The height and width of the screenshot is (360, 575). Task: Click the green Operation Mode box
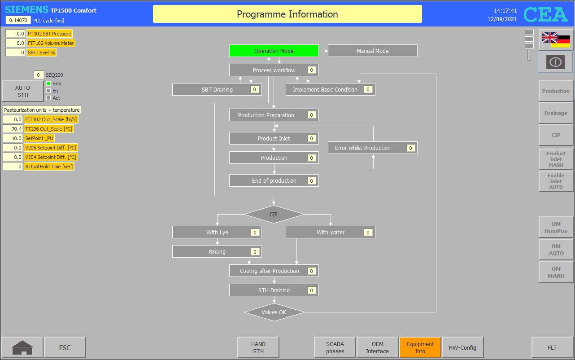pos(274,51)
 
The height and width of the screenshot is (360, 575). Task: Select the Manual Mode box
pos(372,51)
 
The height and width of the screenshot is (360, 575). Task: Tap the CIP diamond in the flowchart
pos(274,214)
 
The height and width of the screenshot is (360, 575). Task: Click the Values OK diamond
pos(274,312)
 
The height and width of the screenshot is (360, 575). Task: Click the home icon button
pos(22,347)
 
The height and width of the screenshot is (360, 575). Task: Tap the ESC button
pos(65,347)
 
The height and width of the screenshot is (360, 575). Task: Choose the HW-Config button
pos(462,347)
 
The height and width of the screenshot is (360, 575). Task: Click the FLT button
pos(552,347)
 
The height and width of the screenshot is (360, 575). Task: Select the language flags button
pos(556,40)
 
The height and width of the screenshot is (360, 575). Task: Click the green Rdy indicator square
pos(48,83)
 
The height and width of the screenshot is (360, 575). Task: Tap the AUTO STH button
pos(22,91)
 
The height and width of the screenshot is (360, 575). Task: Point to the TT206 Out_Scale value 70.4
pos(13,129)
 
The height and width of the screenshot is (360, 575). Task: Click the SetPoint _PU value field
pos(13,138)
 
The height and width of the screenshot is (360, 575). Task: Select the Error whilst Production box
pos(372,148)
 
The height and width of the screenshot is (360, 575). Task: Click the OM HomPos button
pos(556,227)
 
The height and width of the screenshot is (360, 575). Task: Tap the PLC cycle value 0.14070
pos(18,20)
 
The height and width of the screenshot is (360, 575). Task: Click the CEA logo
pos(545,14)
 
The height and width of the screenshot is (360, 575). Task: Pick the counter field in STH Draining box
pos(311,290)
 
